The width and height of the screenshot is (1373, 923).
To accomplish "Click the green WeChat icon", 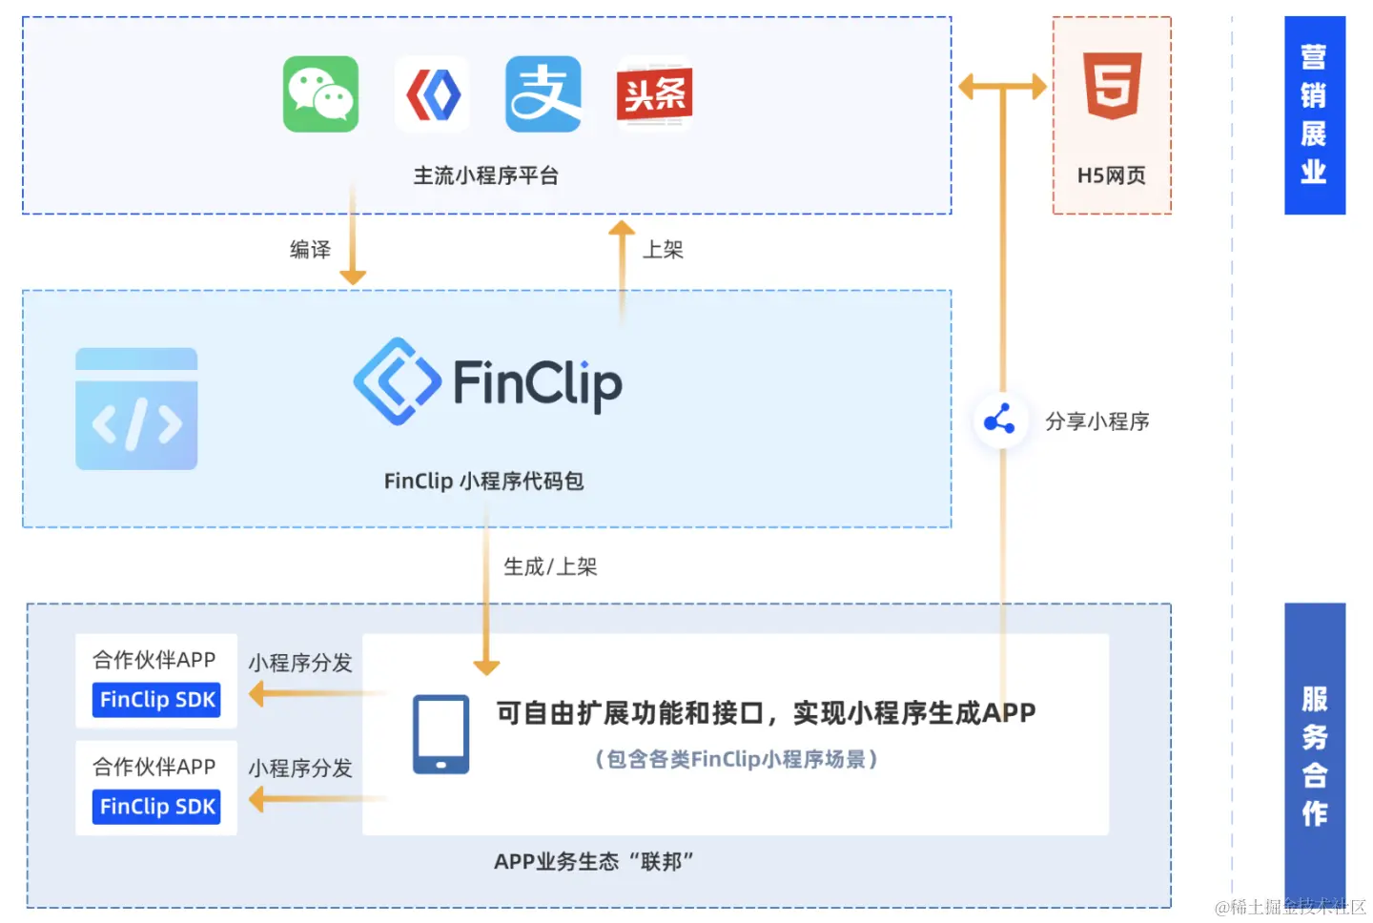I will [320, 93].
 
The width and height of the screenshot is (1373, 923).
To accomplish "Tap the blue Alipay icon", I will [543, 93].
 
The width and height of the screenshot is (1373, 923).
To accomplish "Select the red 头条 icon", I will [654, 93].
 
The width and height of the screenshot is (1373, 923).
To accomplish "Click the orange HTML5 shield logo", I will [1112, 86].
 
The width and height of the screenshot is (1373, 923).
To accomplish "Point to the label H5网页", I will [1111, 175].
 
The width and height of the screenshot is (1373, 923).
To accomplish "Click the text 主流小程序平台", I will [485, 175].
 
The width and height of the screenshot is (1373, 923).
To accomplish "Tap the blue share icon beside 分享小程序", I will [1000, 420].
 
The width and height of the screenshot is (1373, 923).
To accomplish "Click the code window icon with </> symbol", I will [136, 409].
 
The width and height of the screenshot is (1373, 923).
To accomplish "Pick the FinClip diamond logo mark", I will [397, 381].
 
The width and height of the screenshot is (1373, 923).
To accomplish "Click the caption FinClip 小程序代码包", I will [483, 481].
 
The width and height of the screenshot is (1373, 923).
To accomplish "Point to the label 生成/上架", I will [550, 566].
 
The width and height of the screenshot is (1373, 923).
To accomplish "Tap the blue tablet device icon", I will [441, 733].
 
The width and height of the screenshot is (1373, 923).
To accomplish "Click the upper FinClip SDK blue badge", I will [157, 700].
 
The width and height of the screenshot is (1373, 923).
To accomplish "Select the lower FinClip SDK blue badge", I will [157, 807].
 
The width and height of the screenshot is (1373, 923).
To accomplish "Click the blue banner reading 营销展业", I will [1314, 115].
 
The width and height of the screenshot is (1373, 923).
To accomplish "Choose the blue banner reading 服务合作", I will [1314, 753].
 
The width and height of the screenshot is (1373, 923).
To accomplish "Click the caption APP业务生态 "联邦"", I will [593, 861].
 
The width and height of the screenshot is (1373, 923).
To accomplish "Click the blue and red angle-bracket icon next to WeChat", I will [433, 93].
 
